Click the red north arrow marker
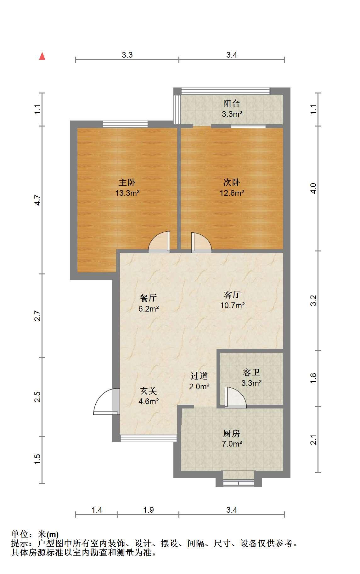[42, 56]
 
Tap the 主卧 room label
[127, 182]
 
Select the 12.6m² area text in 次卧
[232, 193]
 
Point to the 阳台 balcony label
[232, 104]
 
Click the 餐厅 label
[148, 298]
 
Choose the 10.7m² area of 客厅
[233, 305]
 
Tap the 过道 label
[199, 376]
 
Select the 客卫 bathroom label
[251, 373]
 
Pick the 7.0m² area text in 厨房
[232, 444]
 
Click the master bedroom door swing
[159, 242]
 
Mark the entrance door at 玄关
[107, 402]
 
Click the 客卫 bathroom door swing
[235, 397]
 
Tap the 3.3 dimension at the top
[127, 55]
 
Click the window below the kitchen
[239, 482]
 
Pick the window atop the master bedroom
[125, 124]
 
